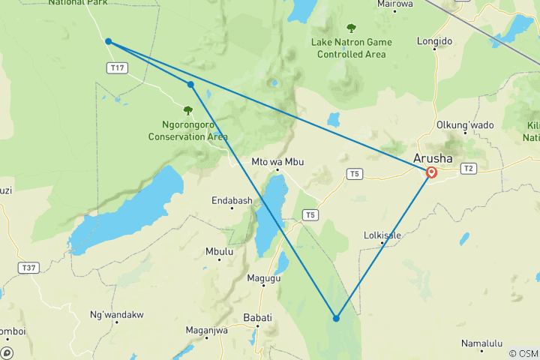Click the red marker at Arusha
click(x=432, y=172)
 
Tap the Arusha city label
click(x=433, y=158)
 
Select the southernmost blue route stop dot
click(x=336, y=318)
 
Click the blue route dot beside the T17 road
click(x=109, y=41)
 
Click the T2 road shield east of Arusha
click(x=469, y=168)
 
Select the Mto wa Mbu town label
click(x=277, y=160)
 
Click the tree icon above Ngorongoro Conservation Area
click(x=187, y=111)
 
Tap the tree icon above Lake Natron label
click(x=351, y=28)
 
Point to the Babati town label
click(x=257, y=318)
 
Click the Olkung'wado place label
click(x=465, y=124)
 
